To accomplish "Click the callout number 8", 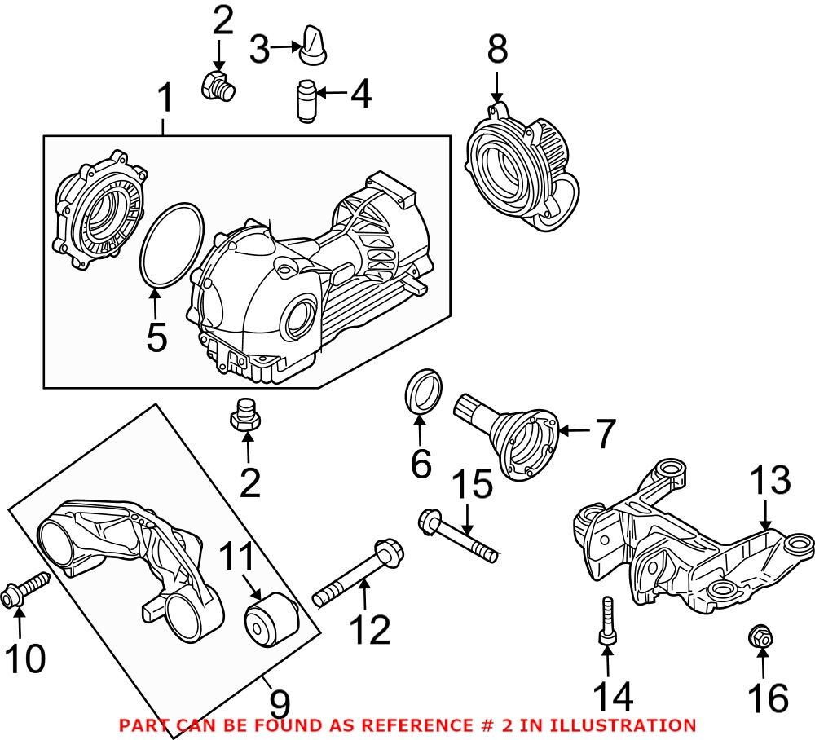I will pyautogui.click(x=497, y=50).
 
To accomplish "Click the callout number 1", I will pyautogui.click(x=165, y=100).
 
